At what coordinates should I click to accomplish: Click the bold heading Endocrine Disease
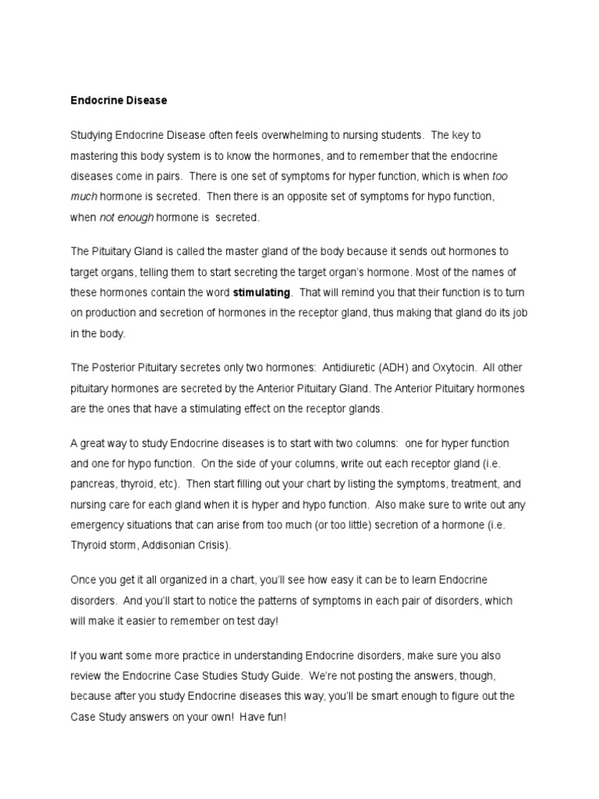click(119, 101)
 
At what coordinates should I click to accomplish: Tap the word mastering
click(94, 156)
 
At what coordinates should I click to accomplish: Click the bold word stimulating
click(261, 293)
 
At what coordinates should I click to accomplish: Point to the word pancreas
click(94, 483)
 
